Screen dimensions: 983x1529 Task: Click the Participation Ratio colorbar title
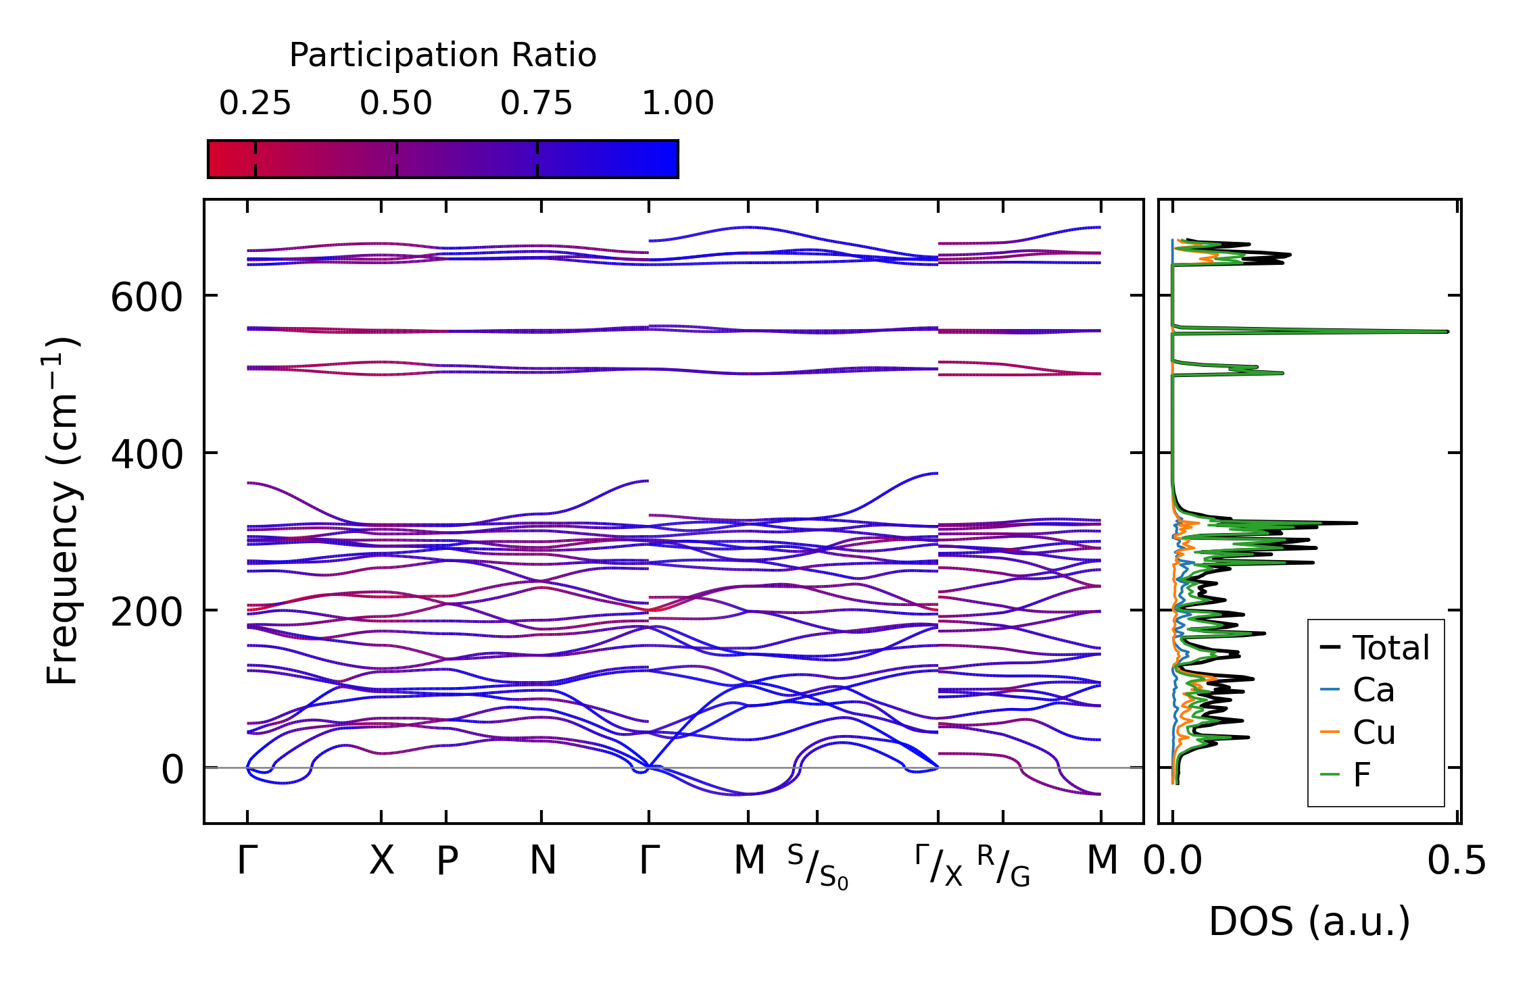point(443,55)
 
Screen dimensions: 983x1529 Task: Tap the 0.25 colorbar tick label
point(255,104)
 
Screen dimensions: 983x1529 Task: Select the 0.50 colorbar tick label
point(396,104)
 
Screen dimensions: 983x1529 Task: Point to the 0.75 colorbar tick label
point(537,104)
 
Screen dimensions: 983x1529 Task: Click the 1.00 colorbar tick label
point(677,104)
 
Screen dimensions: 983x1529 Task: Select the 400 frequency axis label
point(147,455)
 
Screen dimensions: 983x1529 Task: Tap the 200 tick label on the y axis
point(147,613)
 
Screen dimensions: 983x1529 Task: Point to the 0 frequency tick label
point(172,770)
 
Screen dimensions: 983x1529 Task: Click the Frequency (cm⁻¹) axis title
point(63,511)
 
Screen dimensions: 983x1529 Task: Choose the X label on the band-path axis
point(381,861)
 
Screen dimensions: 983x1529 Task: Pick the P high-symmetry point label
point(447,861)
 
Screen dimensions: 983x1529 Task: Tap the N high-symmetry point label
point(542,861)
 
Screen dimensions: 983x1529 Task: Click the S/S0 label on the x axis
point(817,867)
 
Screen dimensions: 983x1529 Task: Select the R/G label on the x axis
point(1003,867)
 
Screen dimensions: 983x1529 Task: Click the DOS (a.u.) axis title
point(1309,922)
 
